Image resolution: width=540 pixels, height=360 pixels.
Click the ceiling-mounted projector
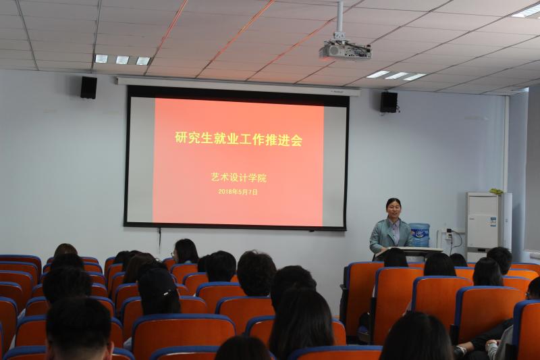point(345,50)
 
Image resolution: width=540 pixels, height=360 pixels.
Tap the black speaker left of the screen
point(88,87)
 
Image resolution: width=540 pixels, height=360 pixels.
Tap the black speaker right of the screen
point(389,102)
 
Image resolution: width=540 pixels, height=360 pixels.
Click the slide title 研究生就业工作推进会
point(238,140)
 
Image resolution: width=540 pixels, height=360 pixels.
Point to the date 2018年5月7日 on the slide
point(238,192)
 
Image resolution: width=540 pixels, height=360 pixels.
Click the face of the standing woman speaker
point(393,208)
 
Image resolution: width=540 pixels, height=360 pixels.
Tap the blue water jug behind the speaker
point(419,234)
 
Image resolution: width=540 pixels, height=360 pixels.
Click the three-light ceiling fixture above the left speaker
point(122,59)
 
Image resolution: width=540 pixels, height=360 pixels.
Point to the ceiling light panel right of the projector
point(396,75)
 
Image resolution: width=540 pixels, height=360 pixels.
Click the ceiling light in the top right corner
point(527,11)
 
